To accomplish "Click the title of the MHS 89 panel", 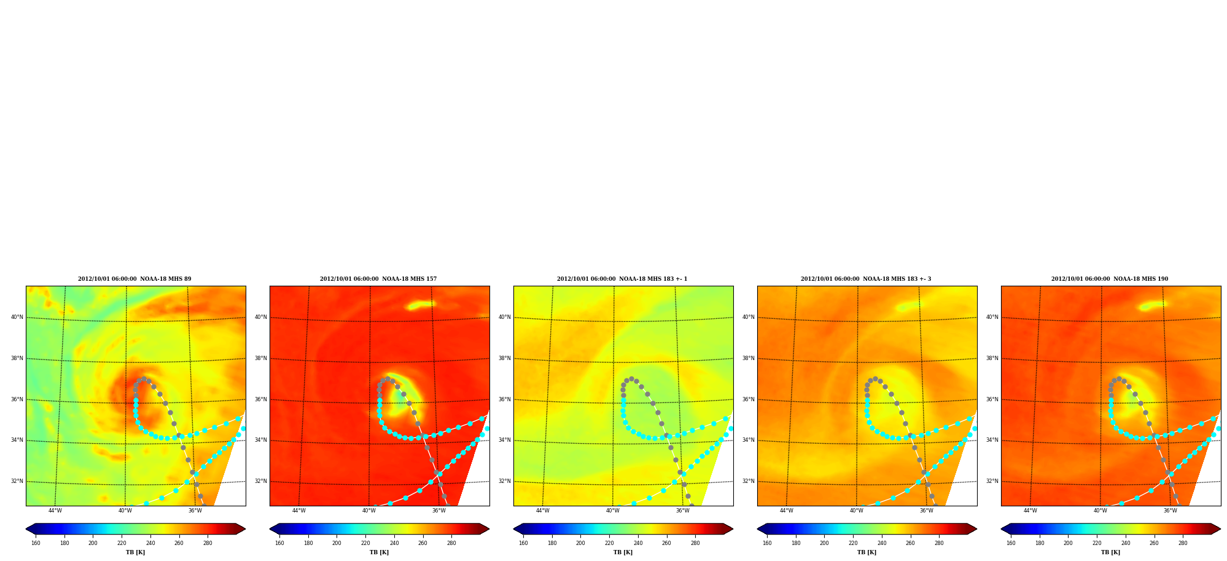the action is point(134,279).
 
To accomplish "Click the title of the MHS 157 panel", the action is point(378,279).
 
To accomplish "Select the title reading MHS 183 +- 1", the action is point(622,279).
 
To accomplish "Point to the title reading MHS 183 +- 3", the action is point(866,279).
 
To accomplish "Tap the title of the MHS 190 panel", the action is point(1110,279).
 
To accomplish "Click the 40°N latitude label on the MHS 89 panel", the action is point(17,317).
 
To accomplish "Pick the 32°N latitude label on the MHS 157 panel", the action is point(261,481).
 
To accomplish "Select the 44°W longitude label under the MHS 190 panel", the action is point(1030,511).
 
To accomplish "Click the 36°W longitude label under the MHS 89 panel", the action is point(195,511).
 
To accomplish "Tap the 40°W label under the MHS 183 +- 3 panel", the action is point(857,511).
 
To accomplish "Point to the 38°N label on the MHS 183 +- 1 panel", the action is point(505,358).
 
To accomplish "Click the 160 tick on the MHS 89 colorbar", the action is point(36,543).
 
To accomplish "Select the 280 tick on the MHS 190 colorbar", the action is point(1183,543).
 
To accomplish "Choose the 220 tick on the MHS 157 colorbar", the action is point(365,543).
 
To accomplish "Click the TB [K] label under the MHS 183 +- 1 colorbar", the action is point(623,552).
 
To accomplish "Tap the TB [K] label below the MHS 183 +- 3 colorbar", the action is point(867,552).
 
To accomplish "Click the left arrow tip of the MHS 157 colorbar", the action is point(270,529).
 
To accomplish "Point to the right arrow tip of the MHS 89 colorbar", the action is point(246,529).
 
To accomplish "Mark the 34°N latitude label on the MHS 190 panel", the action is point(992,440).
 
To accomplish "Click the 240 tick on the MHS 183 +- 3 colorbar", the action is point(882,543).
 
